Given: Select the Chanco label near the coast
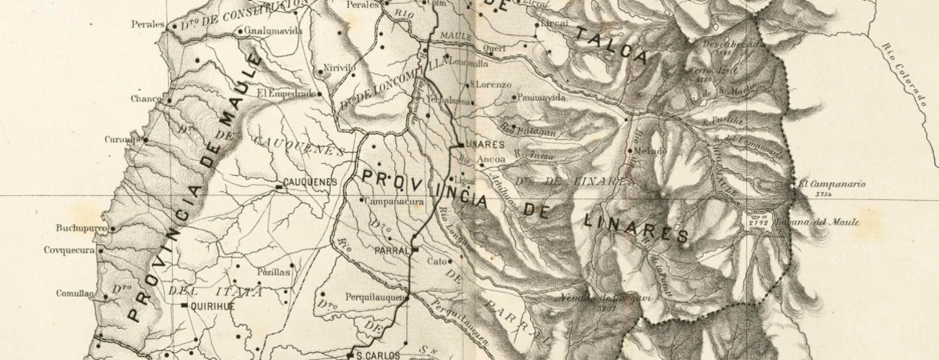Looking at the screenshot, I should (x=146, y=99).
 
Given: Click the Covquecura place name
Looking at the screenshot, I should (x=70, y=250).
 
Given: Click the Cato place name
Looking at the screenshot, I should (x=436, y=261).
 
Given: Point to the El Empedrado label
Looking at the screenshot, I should (x=286, y=93).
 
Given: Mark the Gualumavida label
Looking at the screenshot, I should (x=275, y=31).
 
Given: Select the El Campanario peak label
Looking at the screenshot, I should (x=832, y=183).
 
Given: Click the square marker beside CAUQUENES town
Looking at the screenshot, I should (x=279, y=186).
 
